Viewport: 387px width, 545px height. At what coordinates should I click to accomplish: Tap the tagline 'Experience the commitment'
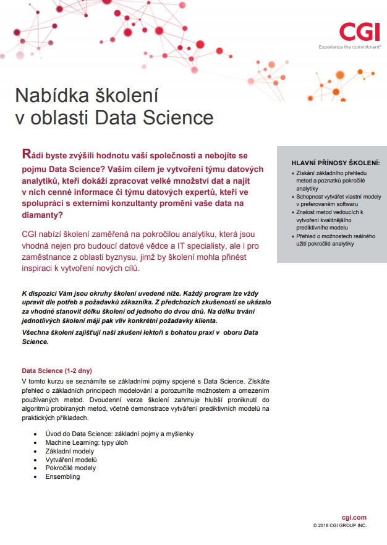click(350, 47)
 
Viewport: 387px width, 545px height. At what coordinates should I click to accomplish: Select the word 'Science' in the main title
click(180, 118)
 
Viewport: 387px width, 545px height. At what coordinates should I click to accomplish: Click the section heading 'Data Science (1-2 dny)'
click(57, 371)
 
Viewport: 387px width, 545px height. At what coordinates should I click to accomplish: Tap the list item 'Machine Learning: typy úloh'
click(87, 443)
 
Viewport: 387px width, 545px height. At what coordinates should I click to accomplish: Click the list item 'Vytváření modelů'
click(71, 460)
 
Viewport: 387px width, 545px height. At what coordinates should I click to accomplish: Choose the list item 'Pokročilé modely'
click(70, 468)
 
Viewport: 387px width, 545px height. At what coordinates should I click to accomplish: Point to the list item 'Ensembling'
click(62, 476)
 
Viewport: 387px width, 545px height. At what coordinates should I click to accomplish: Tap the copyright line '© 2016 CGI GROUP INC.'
click(339, 525)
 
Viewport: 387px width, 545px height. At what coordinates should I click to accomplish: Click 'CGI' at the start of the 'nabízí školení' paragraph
click(30, 234)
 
